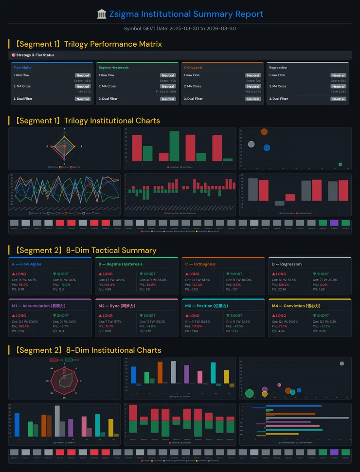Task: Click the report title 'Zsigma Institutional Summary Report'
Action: click(x=186, y=14)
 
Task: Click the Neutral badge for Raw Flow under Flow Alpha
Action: click(x=83, y=75)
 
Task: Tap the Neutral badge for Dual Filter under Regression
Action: click(x=339, y=99)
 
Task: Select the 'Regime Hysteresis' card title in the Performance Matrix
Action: click(x=113, y=68)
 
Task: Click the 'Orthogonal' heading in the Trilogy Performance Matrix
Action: click(x=193, y=68)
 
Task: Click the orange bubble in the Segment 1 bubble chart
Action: click(x=264, y=131)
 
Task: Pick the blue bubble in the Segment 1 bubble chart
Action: click(x=267, y=147)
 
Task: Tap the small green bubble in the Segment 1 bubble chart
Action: click(x=340, y=164)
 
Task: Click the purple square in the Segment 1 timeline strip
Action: click(x=334, y=222)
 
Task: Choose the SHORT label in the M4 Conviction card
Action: click(x=323, y=316)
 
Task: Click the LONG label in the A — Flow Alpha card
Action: click(x=22, y=274)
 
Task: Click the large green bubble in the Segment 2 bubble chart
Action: click(x=250, y=393)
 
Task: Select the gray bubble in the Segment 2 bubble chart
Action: click(x=342, y=363)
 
